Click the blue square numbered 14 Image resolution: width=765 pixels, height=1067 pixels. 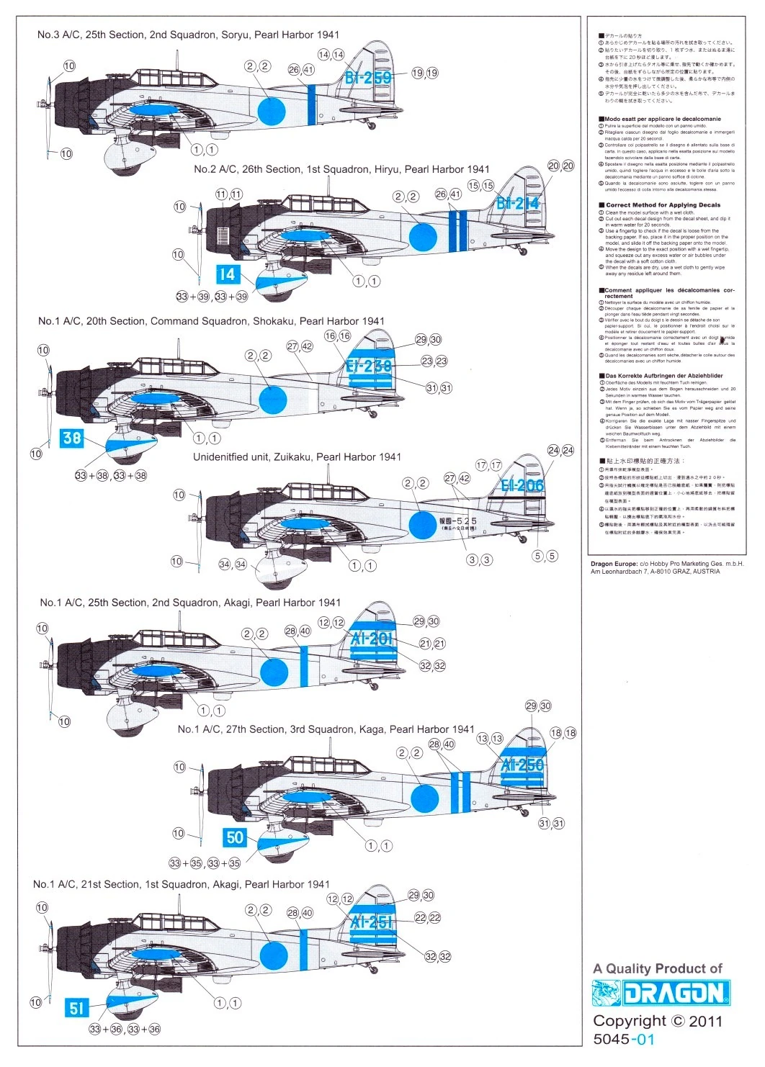click(x=227, y=274)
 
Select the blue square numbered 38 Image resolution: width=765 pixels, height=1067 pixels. click(x=72, y=438)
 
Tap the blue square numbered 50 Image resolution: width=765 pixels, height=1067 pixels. click(x=236, y=837)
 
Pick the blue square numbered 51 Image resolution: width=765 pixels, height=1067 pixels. click(x=77, y=1009)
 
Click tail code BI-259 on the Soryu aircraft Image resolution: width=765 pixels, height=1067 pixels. click(x=367, y=78)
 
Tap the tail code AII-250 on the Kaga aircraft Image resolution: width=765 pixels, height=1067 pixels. click(x=522, y=765)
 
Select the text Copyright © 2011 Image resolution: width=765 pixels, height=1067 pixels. click(x=657, y=1021)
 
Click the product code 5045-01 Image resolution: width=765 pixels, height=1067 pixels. click(x=624, y=1039)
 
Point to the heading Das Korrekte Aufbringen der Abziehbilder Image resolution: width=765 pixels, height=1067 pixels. click(x=663, y=376)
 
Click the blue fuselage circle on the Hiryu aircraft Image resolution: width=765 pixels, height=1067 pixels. click(x=423, y=237)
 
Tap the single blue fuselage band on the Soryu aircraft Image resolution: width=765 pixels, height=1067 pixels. click(x=311, y=104)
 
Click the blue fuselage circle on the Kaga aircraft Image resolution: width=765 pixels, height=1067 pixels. click(x=425, y=798)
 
